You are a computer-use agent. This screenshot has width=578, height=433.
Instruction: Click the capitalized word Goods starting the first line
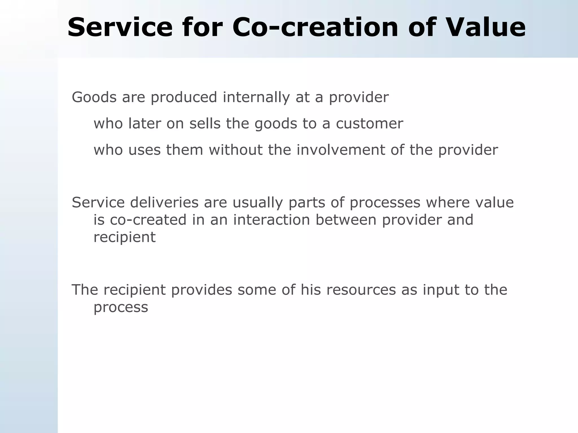coord(94,98)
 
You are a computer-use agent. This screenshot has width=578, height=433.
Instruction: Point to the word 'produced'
coord(184,98)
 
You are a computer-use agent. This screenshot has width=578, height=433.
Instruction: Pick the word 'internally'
coord(256,98)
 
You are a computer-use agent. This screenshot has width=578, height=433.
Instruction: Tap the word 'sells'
coord(205,123)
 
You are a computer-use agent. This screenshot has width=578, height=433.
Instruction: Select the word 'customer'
coord(369,124)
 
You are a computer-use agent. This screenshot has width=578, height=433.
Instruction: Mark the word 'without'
coord(236,150)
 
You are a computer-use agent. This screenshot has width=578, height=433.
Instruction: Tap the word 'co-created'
coord(148,220)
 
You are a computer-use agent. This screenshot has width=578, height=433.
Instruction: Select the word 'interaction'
coord(272,220)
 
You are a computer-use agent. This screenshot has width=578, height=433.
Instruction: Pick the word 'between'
coord(346,220)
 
